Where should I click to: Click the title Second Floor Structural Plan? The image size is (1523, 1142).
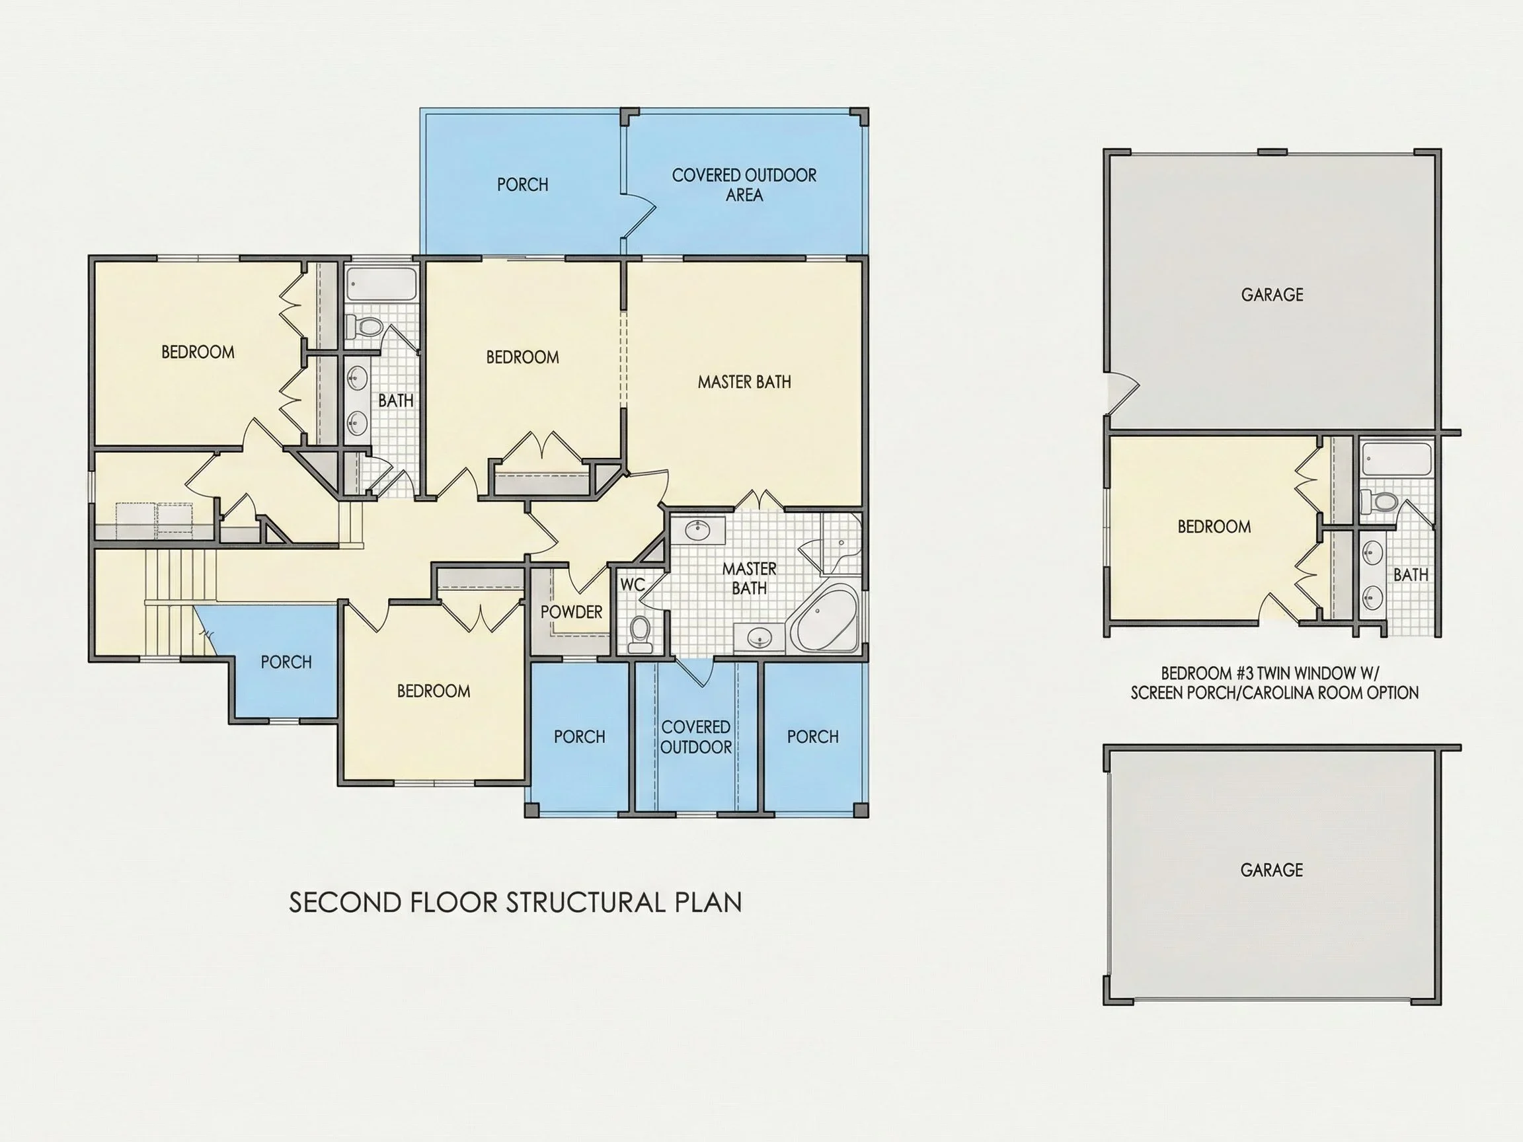click(x=515, y=903)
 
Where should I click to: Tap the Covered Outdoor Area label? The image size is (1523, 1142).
click(x=744, y=185)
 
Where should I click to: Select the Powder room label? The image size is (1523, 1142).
click(x=572, y=612)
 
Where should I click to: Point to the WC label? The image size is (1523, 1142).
click(x=633, y=585)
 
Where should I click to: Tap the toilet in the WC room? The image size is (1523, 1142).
click(x=641, y=633)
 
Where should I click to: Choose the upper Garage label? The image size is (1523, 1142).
click(x=1272, y=295)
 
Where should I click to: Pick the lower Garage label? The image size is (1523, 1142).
click(x=1272, y=870)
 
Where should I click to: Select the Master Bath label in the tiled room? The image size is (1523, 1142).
click(x=749, y=578)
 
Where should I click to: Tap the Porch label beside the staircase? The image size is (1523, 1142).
click(x=286, y=662)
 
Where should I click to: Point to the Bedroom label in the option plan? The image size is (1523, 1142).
click(x=1214, y=527)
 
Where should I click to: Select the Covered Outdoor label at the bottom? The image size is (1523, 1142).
click(x=696, y=738)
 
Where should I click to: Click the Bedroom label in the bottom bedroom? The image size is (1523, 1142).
click(x=434, y=691)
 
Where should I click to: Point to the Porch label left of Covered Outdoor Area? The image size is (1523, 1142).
click(x=523, y=184)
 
